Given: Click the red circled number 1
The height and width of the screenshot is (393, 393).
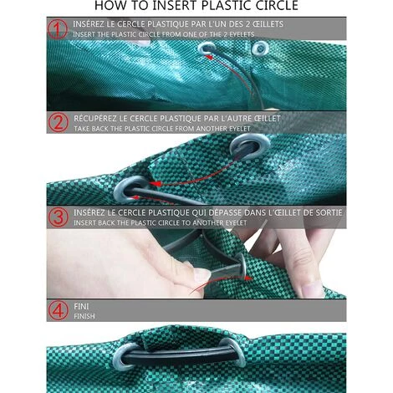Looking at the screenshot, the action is click(x=58, y=29).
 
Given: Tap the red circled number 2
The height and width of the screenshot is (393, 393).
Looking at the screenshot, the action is click(x=58, y=123).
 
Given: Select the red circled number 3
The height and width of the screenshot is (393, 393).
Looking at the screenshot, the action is click(x=58, y=217).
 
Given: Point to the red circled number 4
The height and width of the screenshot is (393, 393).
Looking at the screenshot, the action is click(x=58, y=310).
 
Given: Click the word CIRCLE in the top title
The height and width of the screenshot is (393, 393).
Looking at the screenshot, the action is click(x=277, y=6).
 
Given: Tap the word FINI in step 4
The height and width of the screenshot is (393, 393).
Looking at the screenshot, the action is click(x=81, y=306).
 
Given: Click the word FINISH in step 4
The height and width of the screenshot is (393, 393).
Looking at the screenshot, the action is click(x=84, y=316).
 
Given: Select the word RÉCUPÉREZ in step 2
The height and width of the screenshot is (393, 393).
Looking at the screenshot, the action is click(x=95, y=118).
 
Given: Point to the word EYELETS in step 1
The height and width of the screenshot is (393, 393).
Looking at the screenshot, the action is click(x=242, y=34).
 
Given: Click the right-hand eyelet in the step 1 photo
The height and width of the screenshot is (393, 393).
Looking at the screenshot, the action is click(x=260, y=48).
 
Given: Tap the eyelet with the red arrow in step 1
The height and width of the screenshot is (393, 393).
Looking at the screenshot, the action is click(x=207, y=48).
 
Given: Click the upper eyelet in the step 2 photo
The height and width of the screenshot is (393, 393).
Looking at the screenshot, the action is click(x=250, y=146).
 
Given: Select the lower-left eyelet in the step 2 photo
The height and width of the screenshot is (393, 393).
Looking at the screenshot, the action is click(x=130, y=191).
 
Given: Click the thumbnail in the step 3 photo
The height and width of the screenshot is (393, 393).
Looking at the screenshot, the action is click(x=202, y=275).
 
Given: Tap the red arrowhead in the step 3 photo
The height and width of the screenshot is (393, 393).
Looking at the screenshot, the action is click(x=248, y=278).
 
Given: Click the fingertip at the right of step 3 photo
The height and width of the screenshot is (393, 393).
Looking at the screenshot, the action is click(x=312, y=289).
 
